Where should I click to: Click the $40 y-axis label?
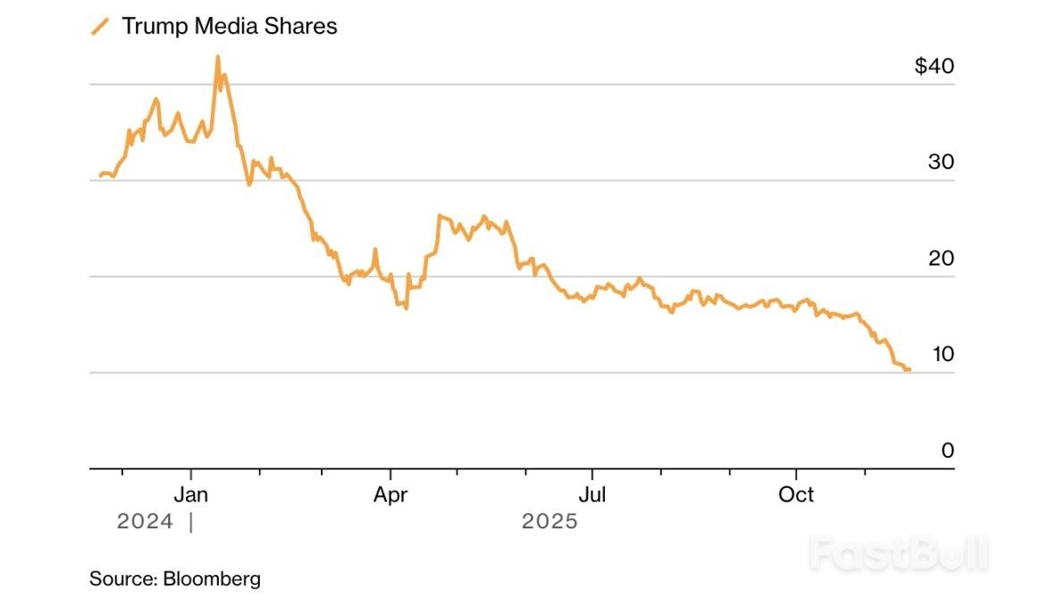[x=935, y=66]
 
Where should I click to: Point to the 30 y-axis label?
[x=942, y=162]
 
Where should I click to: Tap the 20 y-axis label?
[x=942, y=257]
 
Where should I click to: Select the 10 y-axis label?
[x=943, y=353]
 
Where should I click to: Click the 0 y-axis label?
[x=948, y=451]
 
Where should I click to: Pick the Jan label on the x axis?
[x=191, y=494]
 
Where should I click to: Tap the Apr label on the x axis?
[x=390, y=494]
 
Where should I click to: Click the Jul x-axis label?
[x=592, y=494]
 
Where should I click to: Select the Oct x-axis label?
[x=795, y=494]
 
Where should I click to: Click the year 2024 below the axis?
[x=145, y=521]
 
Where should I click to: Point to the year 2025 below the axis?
[x=550, y=521]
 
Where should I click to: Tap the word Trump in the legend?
[x=154, y=26]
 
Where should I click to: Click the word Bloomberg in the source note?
[x=212, y=578]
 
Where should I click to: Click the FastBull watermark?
[x=899, y=553]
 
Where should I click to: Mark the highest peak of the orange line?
[x=217, y=57]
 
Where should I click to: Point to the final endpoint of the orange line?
[x=909, y=369]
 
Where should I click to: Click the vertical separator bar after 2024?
[x=190, y=521]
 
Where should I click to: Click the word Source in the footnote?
[x=122, y=578]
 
